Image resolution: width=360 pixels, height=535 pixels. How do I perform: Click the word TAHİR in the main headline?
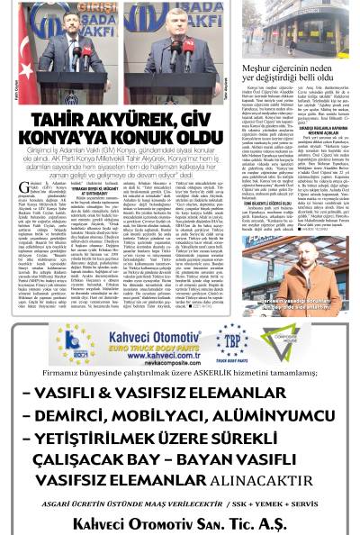pos(60,120)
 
